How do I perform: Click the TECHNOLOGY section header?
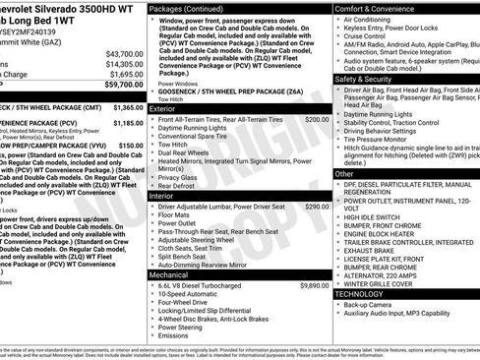point(360,293)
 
